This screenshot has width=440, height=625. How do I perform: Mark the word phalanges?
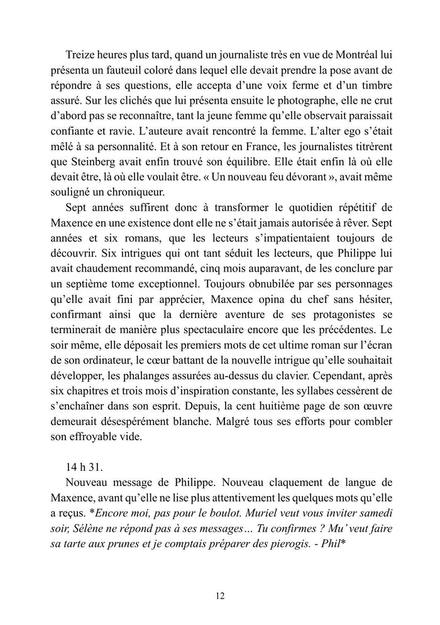coord(166,404)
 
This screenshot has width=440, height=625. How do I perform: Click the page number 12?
coord(220,595)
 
